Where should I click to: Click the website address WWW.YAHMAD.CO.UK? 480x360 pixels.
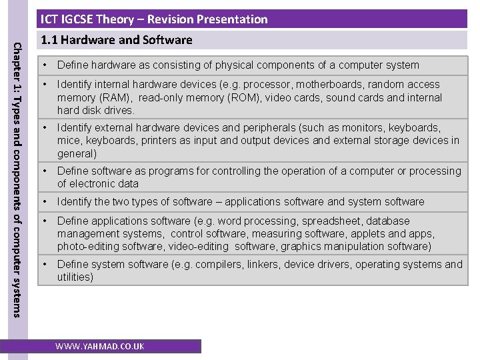tap(99, 347)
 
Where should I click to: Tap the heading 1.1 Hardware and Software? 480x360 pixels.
tap(117, 40)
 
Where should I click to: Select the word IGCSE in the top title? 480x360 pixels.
tap(79, 19)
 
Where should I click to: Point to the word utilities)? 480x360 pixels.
tap(75, 277)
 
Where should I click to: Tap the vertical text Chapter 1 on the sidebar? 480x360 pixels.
tap(18, 67)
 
